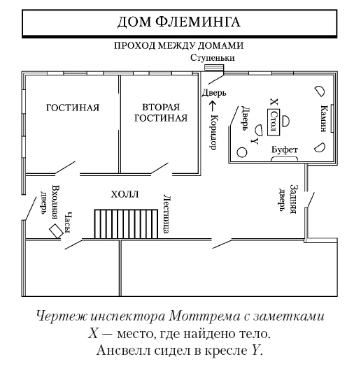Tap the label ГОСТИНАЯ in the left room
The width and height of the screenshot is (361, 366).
[x=73, y=108]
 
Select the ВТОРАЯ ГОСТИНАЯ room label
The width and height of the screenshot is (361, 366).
[x=161, y=112]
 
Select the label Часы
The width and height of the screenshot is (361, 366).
[x=68, y=220]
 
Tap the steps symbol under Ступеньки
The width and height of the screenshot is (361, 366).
[x=213, y=68]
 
